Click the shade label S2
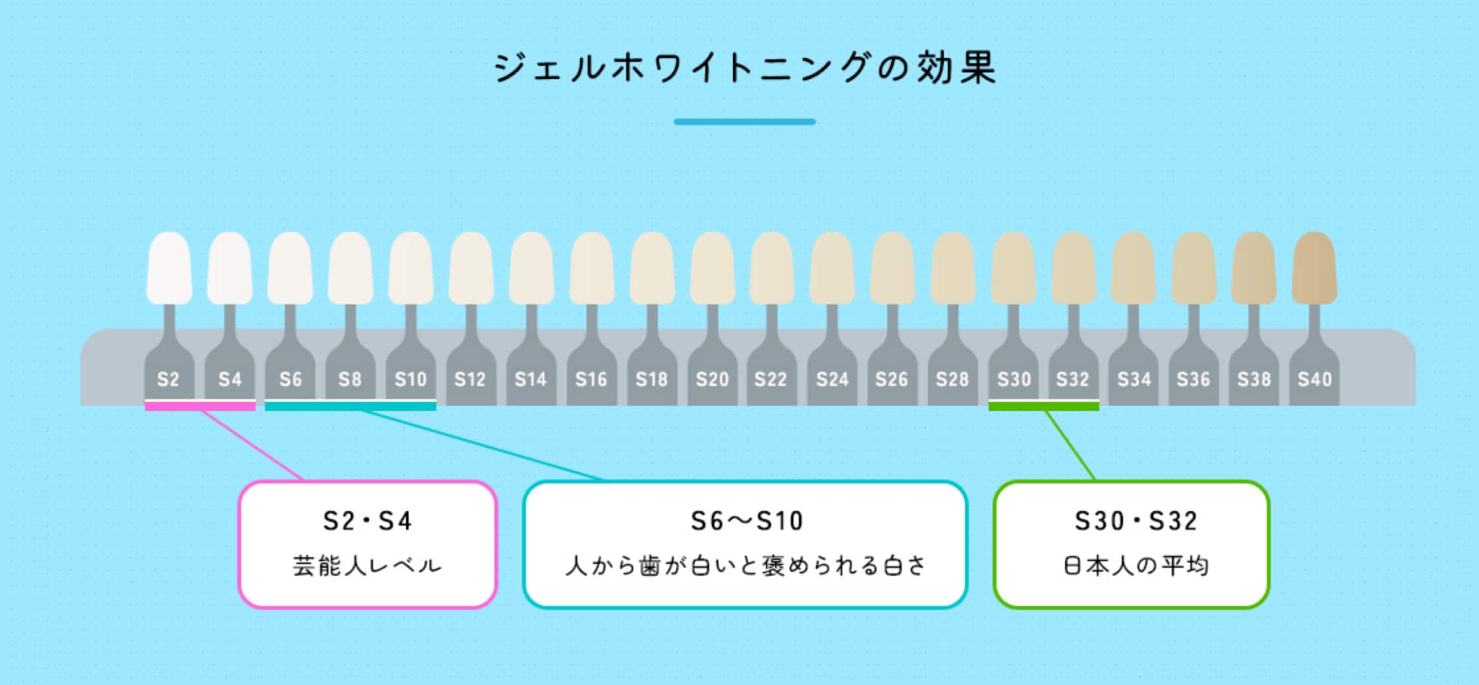pos(168,379)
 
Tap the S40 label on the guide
pos(1314,379)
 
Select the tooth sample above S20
pos(712,268)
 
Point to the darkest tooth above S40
pos(1314,268)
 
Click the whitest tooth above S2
pos(169,268)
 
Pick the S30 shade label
pos(1013,379)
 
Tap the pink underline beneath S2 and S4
pos(200,406)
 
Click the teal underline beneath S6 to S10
pos(350,406)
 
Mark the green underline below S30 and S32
pos(1043,406)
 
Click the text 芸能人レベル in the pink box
pos(367,566)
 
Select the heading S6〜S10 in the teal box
pos(746,522)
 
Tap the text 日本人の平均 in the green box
pos(1135,566)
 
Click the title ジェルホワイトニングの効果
pos(745,68)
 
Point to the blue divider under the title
pos(745,122)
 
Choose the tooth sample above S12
pos(471,268)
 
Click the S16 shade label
pos(591,379)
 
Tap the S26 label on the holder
pos(891,379)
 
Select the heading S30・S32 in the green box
pos(1135,522)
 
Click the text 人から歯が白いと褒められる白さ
pos(746,566)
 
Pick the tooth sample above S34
pos(1134,268)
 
